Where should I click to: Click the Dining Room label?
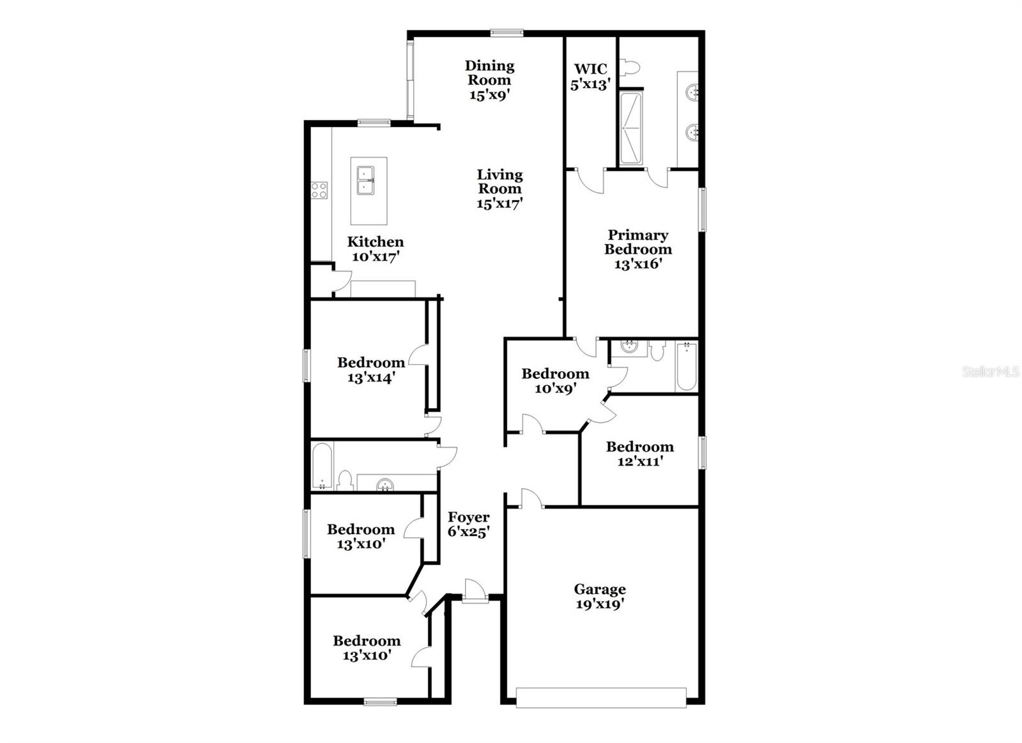point(489,80)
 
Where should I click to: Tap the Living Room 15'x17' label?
point(500,188)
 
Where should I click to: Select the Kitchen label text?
point(376,242)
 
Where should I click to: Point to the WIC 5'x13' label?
point(590,76)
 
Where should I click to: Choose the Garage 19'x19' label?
point(600,596)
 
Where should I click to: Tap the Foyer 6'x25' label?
point(469,524)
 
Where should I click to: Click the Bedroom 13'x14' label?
point(371,370)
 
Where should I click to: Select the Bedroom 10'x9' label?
point(555,381)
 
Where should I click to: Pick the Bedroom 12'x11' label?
point(639,454)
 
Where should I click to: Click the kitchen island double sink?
point(365,180)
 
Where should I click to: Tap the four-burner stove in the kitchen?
point(319,190)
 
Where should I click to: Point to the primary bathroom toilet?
point(631,67)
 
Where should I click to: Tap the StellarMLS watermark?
point(991,372)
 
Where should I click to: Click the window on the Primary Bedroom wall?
point(703,210)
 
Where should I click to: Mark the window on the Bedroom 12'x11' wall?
point(703,453)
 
